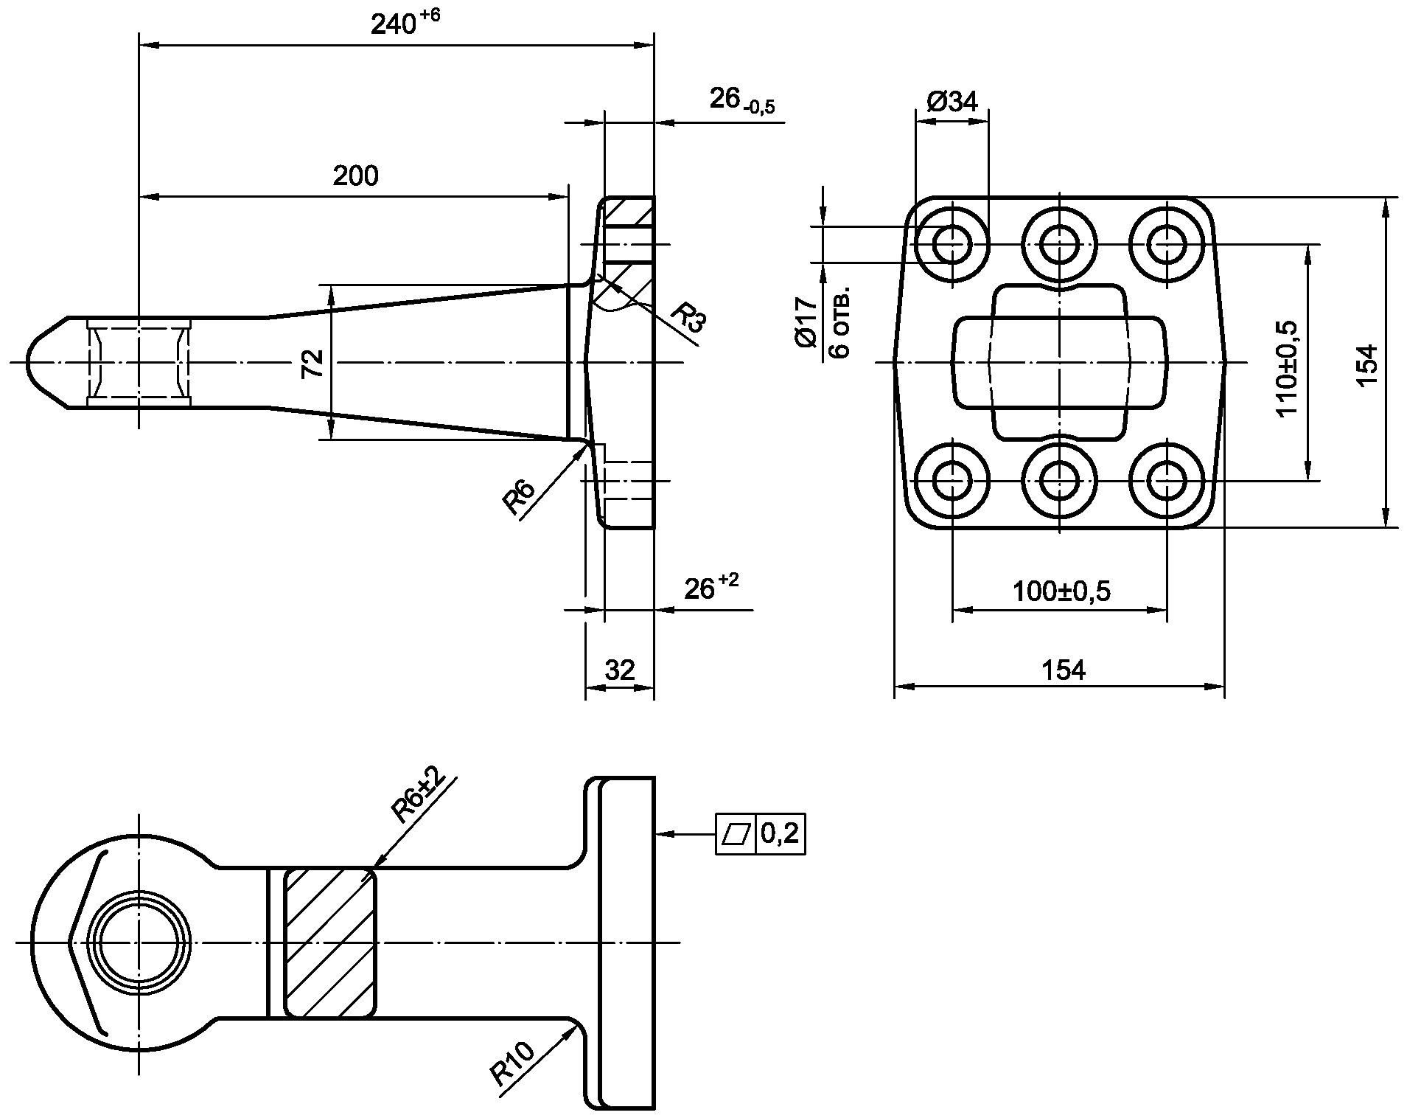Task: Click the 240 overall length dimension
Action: click(405, 24)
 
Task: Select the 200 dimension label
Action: click(355, 176)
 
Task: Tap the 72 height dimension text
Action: click(313, 363)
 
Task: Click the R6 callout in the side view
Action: click(519, 496)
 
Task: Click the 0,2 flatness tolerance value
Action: click(780, 834)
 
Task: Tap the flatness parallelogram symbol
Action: click(737, 834)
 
